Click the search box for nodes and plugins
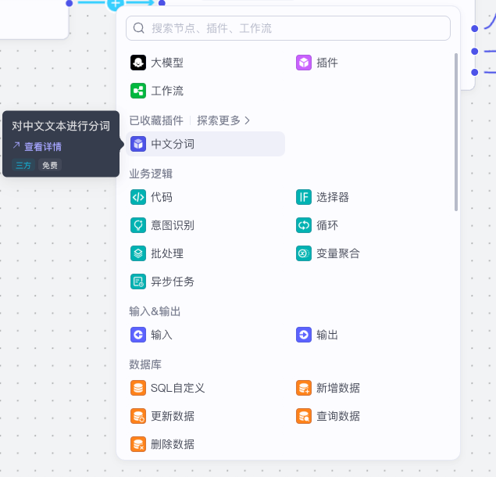pos(289,28)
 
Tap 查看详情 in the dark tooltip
pos(42,146)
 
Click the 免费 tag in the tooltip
pos(50,165)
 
